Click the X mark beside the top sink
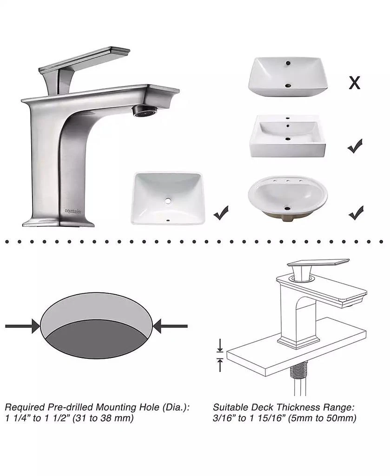(x=354, y=83)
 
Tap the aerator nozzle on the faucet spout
(x=143, y=111)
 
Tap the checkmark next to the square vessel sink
(x=355, y=146)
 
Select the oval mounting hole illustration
(x=97, y=326)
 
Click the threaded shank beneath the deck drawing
(x=295, y=372)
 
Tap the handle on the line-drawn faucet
(x=318, y=264)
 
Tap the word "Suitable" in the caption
(x=231, y=407)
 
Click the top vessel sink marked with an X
(x=287, y=76)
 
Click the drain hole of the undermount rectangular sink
(x=168, y=201)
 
